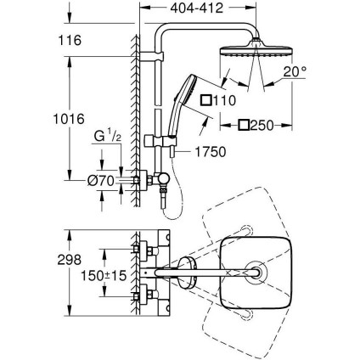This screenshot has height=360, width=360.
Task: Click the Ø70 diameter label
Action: [106, 179]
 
